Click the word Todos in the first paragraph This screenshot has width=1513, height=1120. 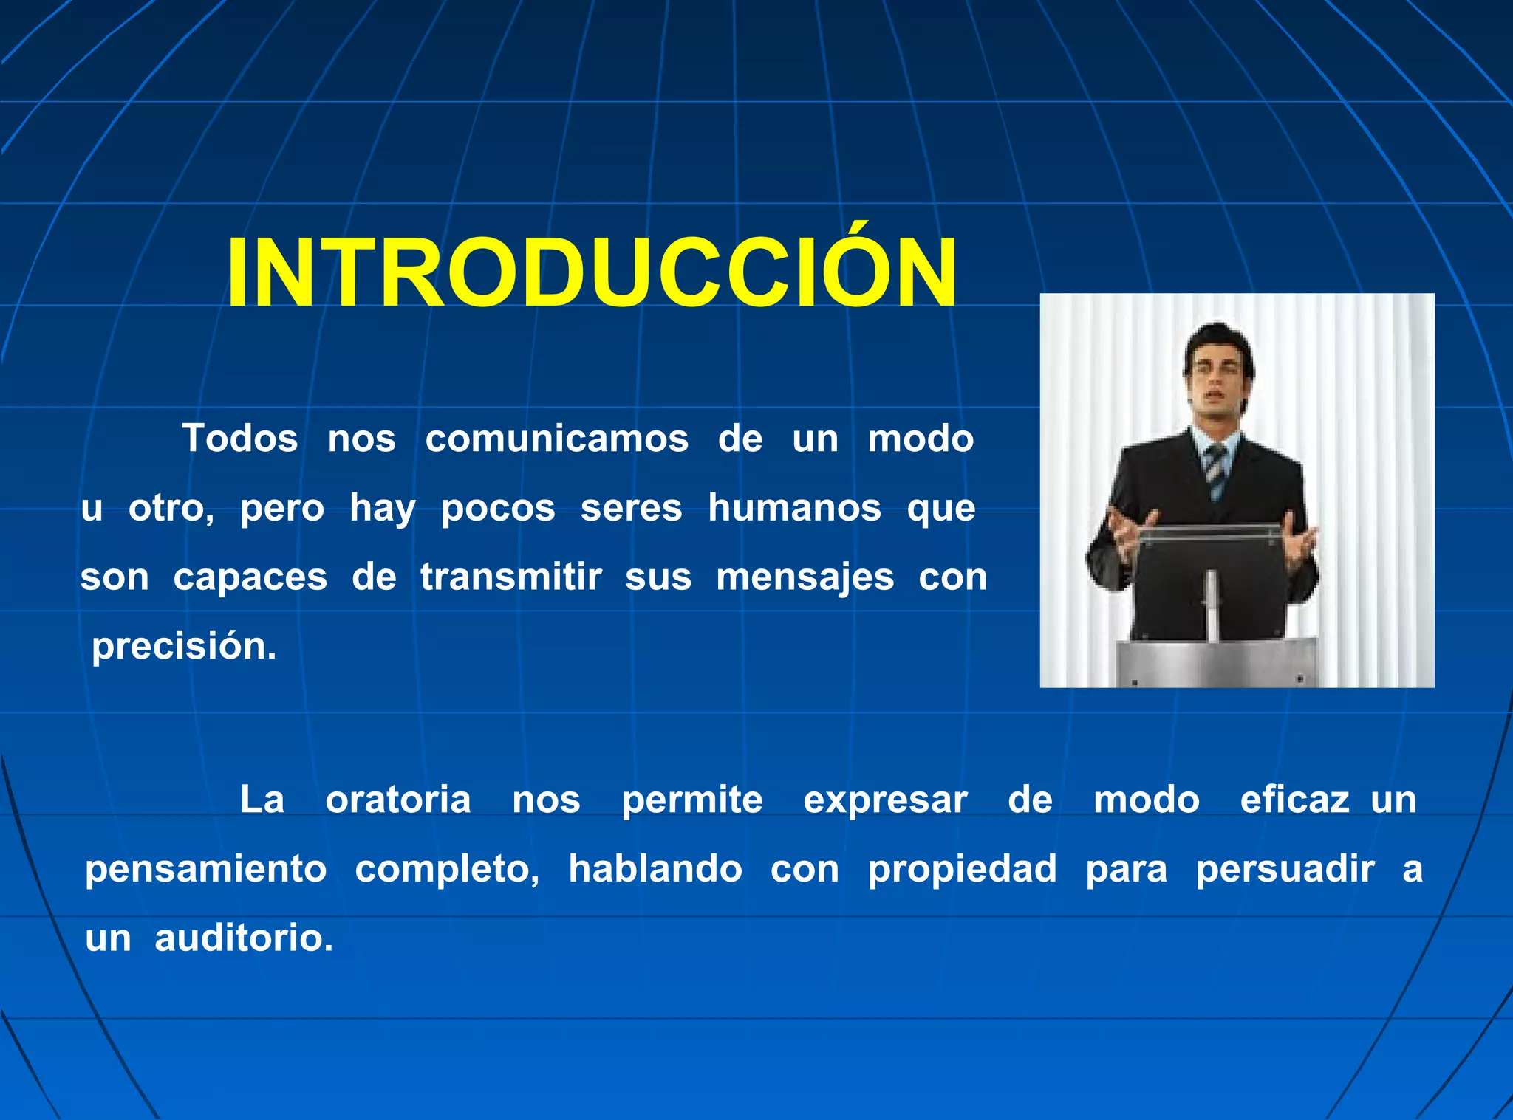pyautogui.click(x=240, y=439)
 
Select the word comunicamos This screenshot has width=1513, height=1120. pyautogui.click(x=556, y=439)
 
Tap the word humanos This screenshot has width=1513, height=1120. pyautogui.click(x=794, y=508)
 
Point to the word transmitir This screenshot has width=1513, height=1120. pyautogui.click(x=510, y=577)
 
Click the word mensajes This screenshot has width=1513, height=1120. pyautogui.click(x=805, y=578)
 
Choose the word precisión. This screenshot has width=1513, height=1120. pyautogui.click(x=184, y=647)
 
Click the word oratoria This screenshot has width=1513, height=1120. pyautogui.click(x=398, y=800)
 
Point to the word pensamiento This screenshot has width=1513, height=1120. pyautogui.click(x=206, y=870)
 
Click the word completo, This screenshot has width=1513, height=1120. pyautogui.click(x=447, y=870)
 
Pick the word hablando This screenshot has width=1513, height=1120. pyautogui.click(x=655, y=868)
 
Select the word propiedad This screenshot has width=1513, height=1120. pyautogui.click(x=962, y=870)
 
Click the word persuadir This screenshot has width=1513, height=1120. pyautogui.click(x=1285, y=870)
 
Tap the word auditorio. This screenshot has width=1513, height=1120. pyautogui.click(x=243, y=938)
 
